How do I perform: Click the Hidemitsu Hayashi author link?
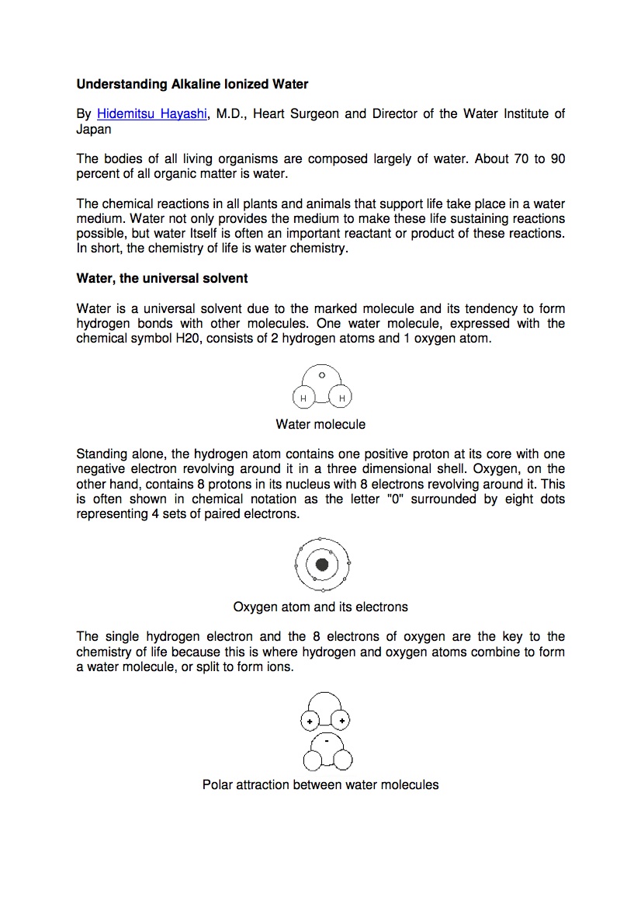coord(152,114)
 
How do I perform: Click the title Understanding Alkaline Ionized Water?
coord(192,84)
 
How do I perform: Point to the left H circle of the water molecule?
coord(303,398)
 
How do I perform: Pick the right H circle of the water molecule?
coord(341,398)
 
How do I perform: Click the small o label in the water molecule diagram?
coord(322,375)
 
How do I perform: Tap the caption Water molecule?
coord(320,425)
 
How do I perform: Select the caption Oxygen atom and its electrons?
coord(320,607)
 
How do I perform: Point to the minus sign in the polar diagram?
coord(327,742)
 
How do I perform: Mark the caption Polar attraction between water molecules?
coord(320,784)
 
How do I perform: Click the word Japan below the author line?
coord(94,130)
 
